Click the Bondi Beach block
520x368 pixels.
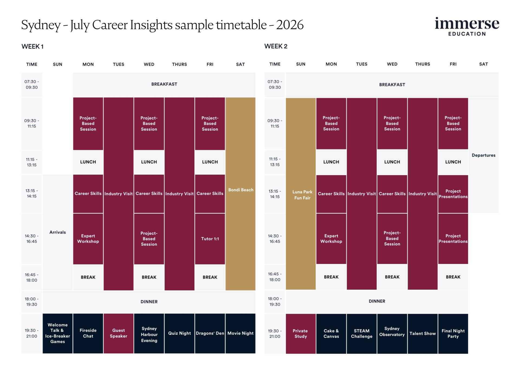pyautogui.click(x=240, y=190)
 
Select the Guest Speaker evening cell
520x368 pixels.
pyautogui.click(x=118, y=333)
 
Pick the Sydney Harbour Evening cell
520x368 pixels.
pyautogui.click(x=149, y=334)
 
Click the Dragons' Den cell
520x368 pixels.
pyautogui.click(x=210, y=333)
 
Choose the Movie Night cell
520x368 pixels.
pyautogui.click(x=240, y=333)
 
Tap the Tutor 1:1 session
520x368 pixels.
pyautogui.click(x=210, y=239)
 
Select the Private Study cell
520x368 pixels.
pyautogui.click(x=301, y=334)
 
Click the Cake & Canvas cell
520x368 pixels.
pyautogui.click(x=331, y=334)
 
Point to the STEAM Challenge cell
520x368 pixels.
pyautogui.click(x=362, y=334)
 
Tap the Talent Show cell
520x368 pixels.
pyautogui.click(x=422, y=334)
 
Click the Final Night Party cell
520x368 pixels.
pyautogui.click(x=453, y=334)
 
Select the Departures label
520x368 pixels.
pyautogui.click(x=483, y=155)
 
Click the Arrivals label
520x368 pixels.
pyautogui.click(x=57, y=232)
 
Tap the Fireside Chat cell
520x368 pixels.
pyautogui.click(x=88, y=333)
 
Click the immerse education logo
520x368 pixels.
pyautogui.click(x=467, y=26)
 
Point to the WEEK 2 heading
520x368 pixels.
pyautogui.click(x=276, y=46)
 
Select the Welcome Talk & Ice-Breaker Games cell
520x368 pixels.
pyautogui.click(x=57, y=333)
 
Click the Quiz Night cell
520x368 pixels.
pyautogui.click(x=179, y=333)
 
